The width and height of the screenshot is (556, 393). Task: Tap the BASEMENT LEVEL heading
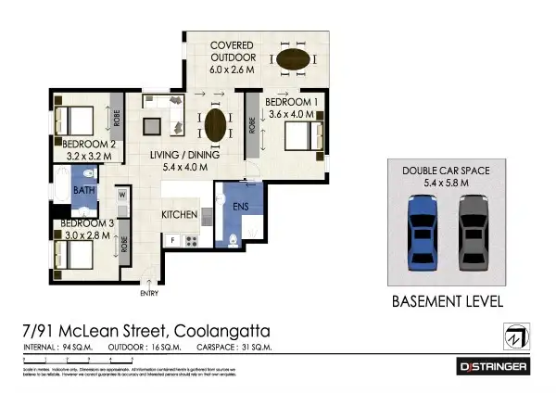click(447, 301)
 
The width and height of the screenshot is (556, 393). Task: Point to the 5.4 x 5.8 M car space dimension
click(447, 184)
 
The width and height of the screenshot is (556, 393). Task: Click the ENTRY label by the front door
click(148, 294)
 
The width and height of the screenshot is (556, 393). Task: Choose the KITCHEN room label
click(180, 214)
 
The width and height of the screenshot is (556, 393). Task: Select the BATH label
click(84, 191)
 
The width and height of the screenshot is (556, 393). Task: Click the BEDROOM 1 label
click(292, 101)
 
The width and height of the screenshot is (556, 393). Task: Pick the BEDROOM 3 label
click(88, 223)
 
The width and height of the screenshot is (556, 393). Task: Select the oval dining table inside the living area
click(215, 124)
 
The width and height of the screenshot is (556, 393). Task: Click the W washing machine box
click(122, 195)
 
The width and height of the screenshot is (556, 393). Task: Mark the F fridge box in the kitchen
click(172, 240)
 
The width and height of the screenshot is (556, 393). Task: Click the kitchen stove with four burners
click(193, 240)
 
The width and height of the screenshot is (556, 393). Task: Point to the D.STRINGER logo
click(494, 367)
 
